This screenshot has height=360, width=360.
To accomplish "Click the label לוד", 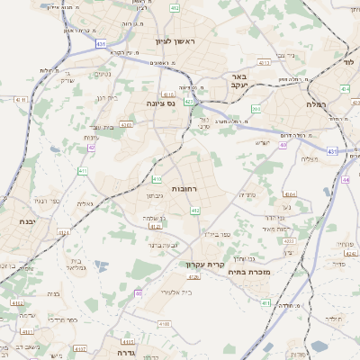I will pos(348,62).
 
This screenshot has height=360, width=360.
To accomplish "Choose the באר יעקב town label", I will pos(238,84).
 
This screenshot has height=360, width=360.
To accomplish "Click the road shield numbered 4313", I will pos(264,64).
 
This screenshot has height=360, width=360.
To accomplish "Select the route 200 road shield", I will pos(256,109).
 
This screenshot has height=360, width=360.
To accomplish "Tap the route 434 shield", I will pos(345,89).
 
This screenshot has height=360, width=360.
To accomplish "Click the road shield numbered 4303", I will pos(128,126).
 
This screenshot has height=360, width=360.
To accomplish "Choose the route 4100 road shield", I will pos(164,322).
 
